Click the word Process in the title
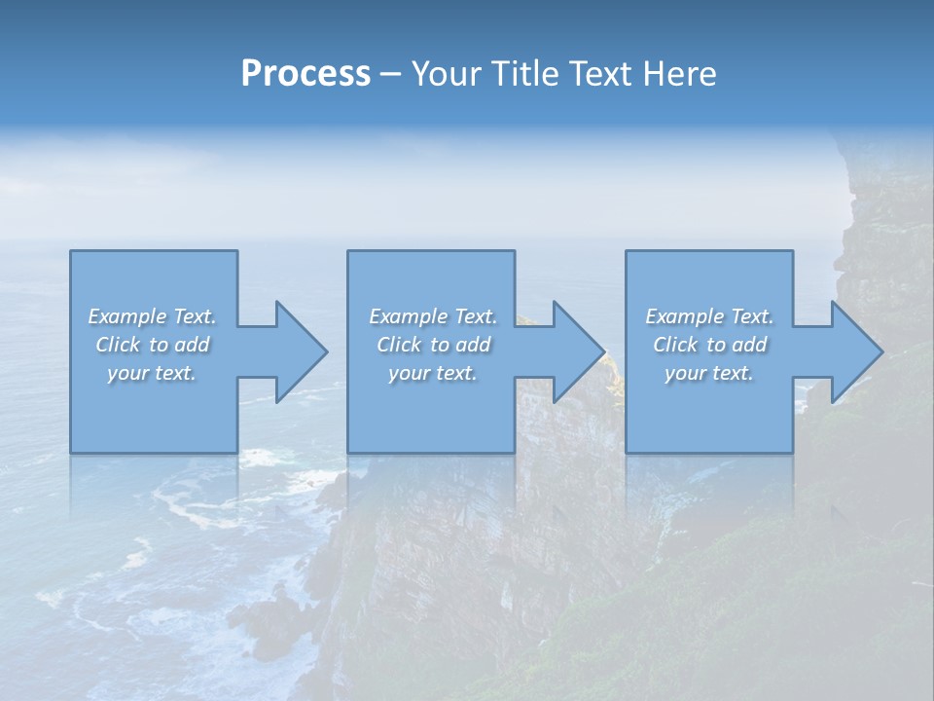click(x=305, y=74)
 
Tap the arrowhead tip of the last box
click(x=881, y=351)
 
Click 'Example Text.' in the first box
click(x=152, y=316)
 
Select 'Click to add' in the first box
click(x=153, y=345)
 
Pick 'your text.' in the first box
click(x=152, y=373)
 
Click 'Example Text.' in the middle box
click(x=433, y=316)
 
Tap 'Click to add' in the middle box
click(x=433, y=345)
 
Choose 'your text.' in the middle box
click(x=433, y=373)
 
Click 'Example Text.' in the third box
click(x=709, y=316)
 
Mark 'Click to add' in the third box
click(x=710, y=345)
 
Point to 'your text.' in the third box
click(x=709, y=373)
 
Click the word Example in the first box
click(x=127, y=316)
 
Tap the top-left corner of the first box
click(x=71, y=251)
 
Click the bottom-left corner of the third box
click(x=627, y=452)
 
